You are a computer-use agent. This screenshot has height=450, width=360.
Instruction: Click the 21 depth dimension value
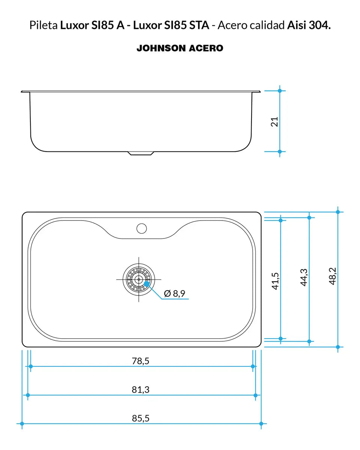[275, 121]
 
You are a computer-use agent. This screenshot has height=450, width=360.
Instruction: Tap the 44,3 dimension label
[304, 277]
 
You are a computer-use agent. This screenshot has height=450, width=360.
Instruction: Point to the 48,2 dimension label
[333, 276]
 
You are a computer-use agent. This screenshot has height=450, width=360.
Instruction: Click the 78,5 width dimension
[141, 361]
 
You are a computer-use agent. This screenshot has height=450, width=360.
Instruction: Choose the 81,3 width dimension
[141, 390]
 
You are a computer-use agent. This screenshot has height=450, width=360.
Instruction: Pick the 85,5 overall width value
[141, 418]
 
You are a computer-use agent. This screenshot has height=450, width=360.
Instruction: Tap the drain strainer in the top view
[139, 279]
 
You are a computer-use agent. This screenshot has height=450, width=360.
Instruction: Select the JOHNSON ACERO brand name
[180, 48]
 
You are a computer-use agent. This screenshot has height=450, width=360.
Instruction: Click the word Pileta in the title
[44, 25]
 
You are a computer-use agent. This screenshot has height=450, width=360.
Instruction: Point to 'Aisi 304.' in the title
[309, 25]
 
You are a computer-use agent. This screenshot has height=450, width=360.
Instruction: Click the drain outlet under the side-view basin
[141, 153]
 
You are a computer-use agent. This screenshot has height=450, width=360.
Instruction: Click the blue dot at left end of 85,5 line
[22, 424]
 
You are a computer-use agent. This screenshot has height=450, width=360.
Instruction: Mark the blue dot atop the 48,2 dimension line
[338, 212]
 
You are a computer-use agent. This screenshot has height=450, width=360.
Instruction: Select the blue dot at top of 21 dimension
[280, 91]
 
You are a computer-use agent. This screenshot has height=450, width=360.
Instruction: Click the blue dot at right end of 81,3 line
[256, 395]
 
